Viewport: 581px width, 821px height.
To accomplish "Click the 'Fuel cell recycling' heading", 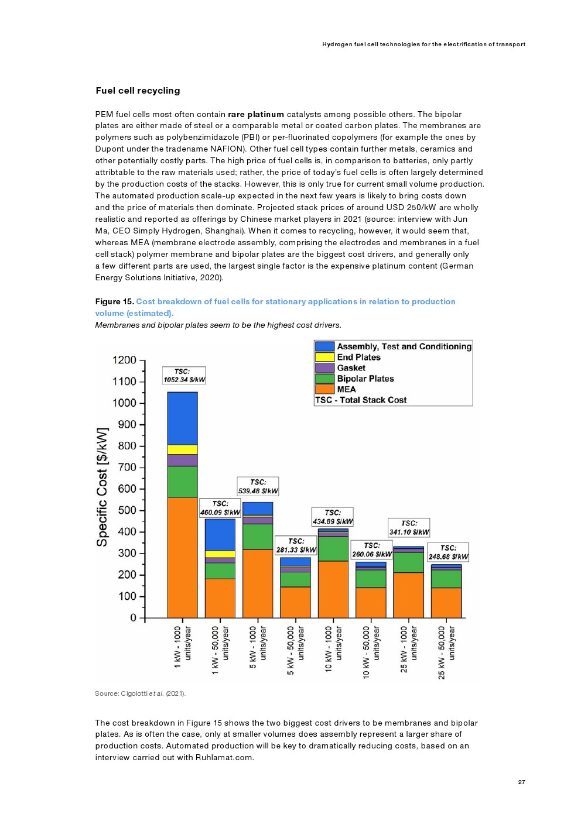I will coord(138,91).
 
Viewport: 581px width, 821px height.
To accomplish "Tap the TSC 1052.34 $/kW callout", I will coord(184,376).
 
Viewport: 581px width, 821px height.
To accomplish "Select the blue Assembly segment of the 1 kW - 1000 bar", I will coord(182,418).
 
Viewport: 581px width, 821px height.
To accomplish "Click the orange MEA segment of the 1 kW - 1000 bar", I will coord(182,557).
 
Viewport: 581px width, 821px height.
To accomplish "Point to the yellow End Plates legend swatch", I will coord(324,357).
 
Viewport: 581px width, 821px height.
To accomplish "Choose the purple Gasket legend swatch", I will coord(324,368).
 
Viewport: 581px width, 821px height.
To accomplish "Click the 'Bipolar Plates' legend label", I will coord(365,379).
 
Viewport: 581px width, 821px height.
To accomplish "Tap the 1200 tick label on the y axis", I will coord(124,360).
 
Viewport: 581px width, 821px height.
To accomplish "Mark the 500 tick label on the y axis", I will coord(127,510).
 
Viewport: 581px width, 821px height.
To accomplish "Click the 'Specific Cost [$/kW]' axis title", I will coord(102,487).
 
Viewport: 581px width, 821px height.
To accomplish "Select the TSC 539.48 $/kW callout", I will coord(258,486).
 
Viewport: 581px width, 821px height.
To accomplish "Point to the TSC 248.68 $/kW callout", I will coord(448,552).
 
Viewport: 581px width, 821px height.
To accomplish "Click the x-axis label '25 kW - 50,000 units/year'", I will coord(446,652).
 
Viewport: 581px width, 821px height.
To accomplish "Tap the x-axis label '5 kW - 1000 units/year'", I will coord(258,647).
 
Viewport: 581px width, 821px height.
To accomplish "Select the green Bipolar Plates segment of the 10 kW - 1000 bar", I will coord(333,549).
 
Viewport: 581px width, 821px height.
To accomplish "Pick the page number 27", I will coord(521,782).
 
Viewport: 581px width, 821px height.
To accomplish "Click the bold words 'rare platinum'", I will coord(255,114).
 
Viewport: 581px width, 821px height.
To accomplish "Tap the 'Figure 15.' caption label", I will coord(115,301).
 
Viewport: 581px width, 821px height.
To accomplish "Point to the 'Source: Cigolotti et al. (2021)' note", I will coord(140,693).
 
